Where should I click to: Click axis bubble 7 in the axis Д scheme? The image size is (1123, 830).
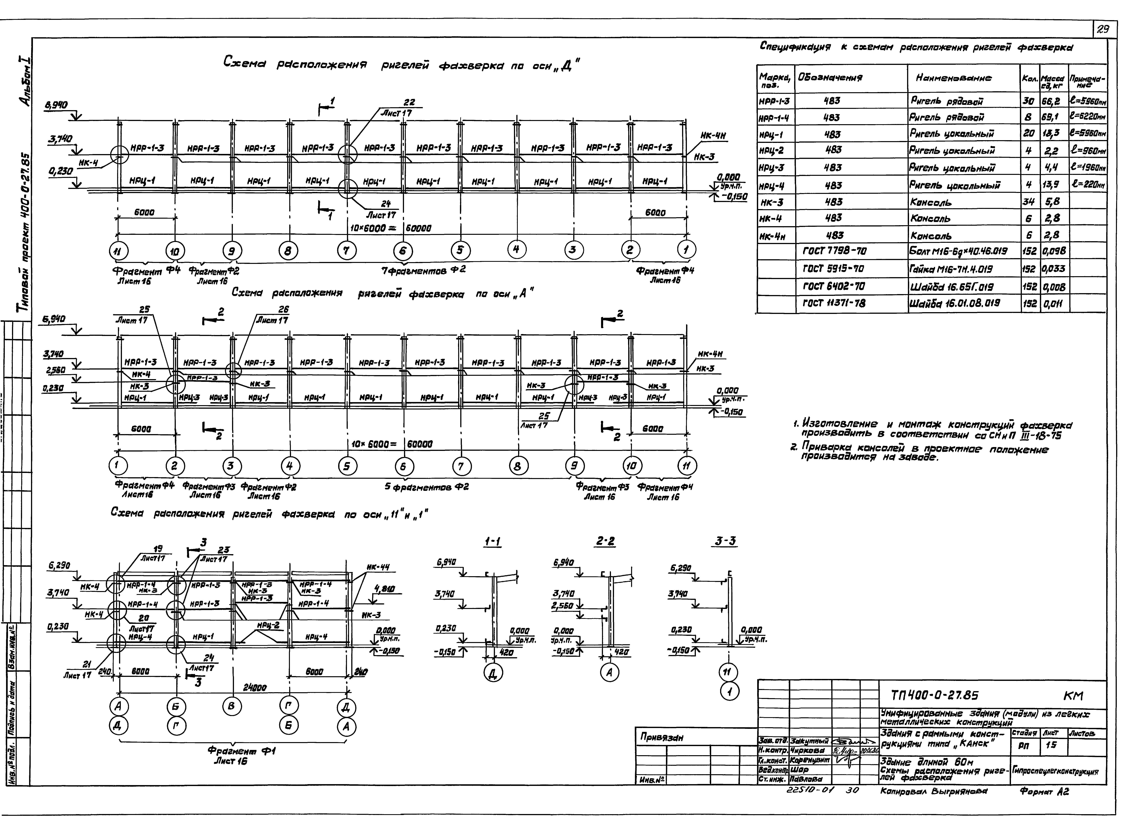346,250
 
